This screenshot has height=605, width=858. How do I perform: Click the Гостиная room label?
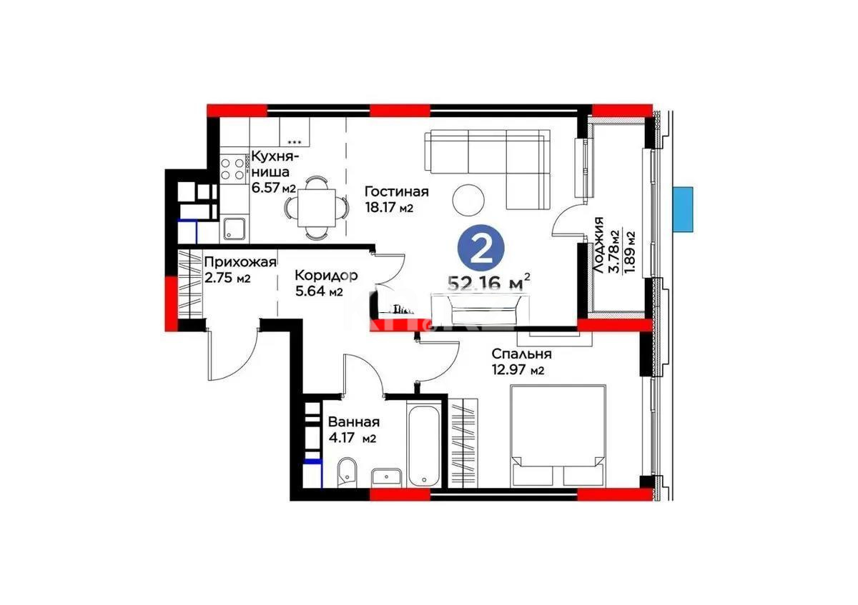coord(396,191)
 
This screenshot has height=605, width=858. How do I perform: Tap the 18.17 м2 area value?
coord(390,208)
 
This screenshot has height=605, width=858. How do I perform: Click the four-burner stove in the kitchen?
coord(232,169)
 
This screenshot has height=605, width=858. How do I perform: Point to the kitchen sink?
coord(235,228)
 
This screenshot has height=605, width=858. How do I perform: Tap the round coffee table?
coord(470,199)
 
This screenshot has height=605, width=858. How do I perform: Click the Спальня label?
coord(521,354)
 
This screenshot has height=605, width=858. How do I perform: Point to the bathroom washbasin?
coord(389,476)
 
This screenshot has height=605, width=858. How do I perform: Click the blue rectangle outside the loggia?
coord(684,209)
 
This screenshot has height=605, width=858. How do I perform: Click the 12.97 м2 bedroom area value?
coord(518,370)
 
